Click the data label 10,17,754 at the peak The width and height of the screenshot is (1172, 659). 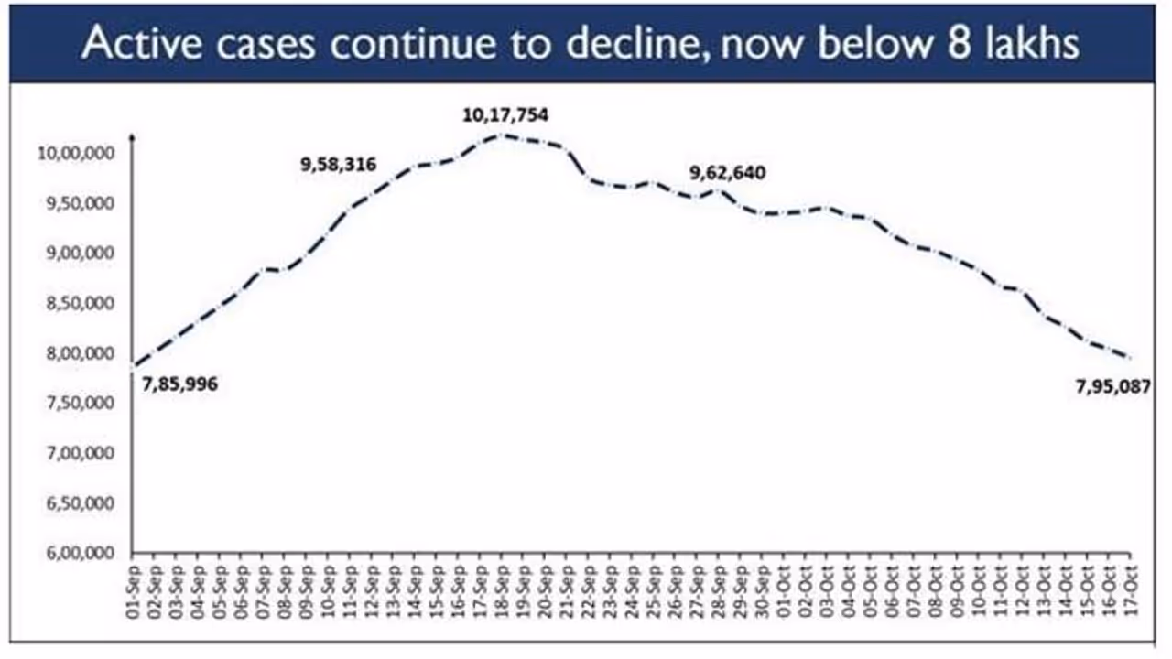tap(505, 115)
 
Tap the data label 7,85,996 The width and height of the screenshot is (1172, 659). tap(179, 384)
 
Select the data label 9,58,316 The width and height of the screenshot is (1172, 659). tap(339, 166)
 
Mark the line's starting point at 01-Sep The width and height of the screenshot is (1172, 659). tap(135, 366)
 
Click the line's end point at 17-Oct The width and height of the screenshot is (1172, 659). tap(1130, 358)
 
